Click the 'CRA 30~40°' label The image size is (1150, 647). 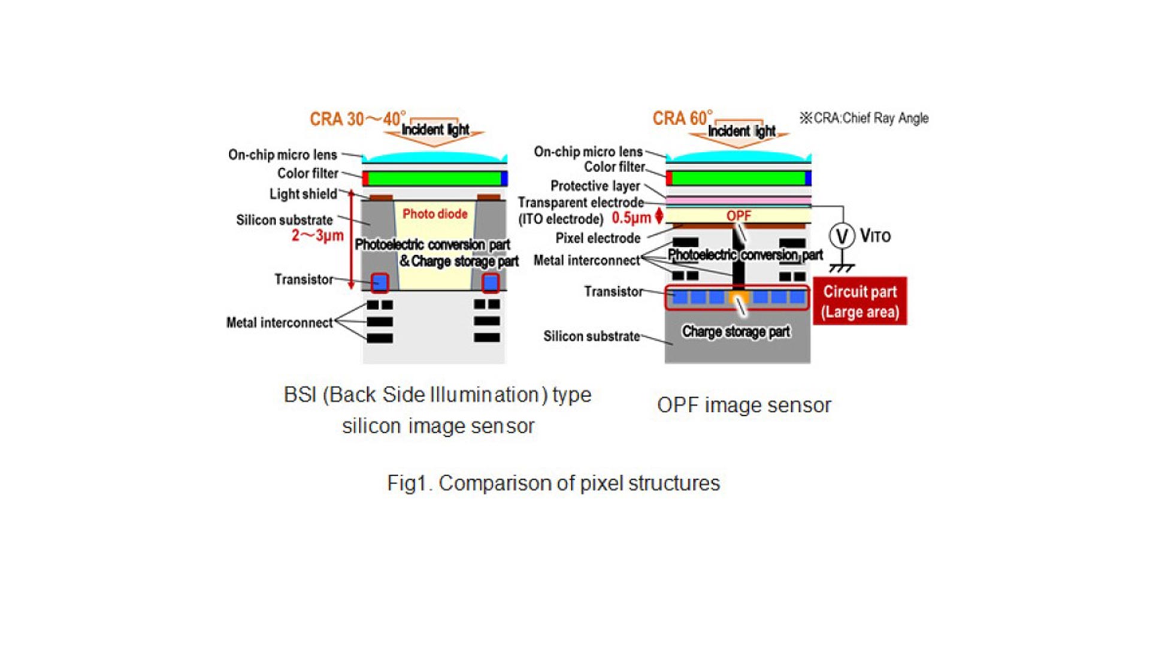357,119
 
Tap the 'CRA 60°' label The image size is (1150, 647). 682,118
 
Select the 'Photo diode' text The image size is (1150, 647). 435,214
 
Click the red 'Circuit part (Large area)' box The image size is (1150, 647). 860,301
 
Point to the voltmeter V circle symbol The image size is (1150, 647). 842,236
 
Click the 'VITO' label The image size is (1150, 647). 875,236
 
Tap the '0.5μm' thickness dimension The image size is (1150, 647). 631,218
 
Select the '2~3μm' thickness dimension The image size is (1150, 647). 317,235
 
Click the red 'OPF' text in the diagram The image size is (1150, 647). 739,216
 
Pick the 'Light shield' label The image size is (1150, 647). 303,194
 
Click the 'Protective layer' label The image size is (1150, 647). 595,186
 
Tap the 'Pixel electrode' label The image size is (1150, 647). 598,238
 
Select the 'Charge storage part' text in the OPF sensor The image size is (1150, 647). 736,331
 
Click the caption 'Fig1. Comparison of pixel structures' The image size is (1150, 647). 553,483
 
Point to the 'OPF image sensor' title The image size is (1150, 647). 744,405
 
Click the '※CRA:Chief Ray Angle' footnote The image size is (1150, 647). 864,118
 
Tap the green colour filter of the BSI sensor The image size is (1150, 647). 435,179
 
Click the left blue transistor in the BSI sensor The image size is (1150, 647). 380,282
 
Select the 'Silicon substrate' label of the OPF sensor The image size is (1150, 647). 591,336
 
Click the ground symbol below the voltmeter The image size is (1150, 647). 842,268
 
